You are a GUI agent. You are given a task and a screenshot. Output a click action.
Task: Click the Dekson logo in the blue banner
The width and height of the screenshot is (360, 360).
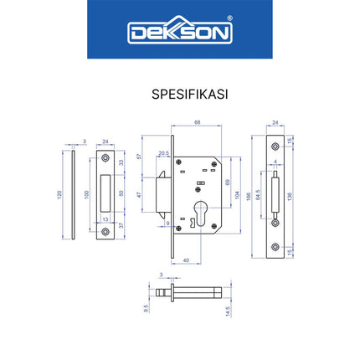pos(179,32)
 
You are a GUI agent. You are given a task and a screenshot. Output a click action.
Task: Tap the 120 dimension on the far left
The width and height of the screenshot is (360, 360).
pos(59,194)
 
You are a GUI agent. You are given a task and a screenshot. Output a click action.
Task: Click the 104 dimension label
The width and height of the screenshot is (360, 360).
pos(236,194)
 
